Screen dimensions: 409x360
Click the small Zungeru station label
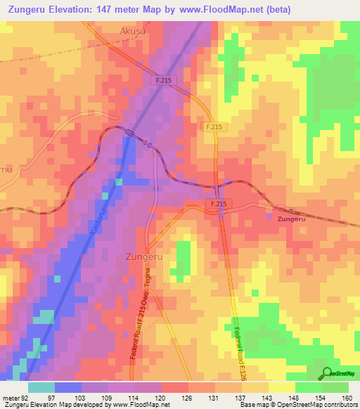pyautogui.click(x=292, y=219)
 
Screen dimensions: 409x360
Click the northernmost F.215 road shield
pyautogui.click(x=161, y=81)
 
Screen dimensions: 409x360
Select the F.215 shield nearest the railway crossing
pyautogui.click(x=218, y=203)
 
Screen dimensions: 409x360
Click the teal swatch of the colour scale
pyautogui.click(x=41, y=387)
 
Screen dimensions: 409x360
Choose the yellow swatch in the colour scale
pyautogui.click(x=282, y=387)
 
